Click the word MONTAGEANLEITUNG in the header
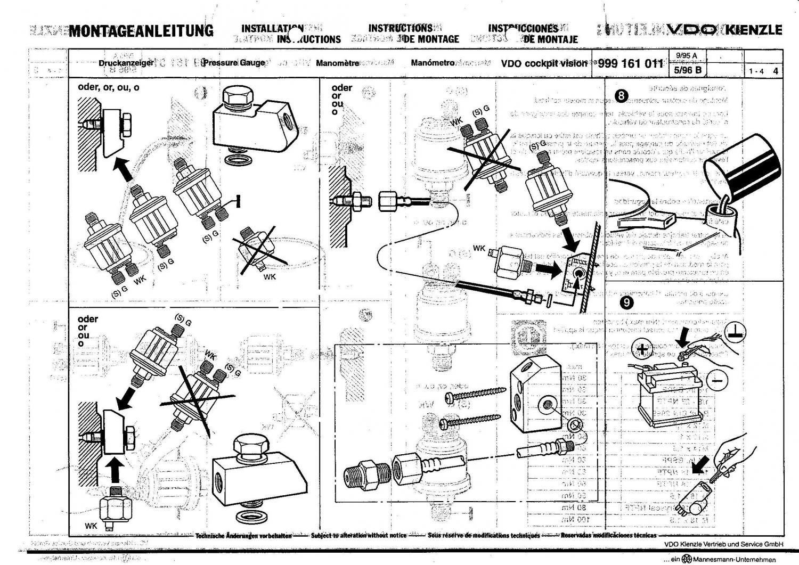click(141, 30)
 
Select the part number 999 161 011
click(631, 63)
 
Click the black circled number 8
click(621, 96)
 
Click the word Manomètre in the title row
click(337, 63)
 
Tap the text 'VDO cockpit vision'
click(544, 63)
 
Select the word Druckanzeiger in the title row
click(126, 63)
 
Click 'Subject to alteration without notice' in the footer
click(358, 535)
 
